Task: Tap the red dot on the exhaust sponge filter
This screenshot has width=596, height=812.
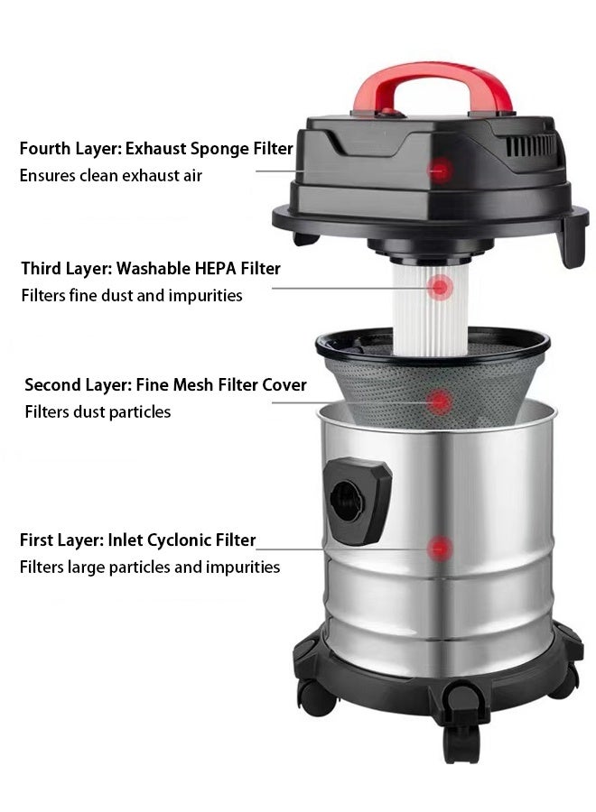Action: coord(440,168)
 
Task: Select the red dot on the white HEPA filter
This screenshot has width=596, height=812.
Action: coord(440,288)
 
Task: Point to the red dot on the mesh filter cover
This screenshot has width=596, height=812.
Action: coord(440,401)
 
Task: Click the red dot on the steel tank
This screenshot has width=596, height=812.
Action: coord(440,547)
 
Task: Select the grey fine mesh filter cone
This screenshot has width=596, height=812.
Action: coord(397,388)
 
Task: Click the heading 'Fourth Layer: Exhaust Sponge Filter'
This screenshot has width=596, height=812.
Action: coord(156,148)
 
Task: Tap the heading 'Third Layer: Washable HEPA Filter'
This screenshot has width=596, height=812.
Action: coord(151,268)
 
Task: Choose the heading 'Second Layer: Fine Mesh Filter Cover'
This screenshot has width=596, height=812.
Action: coord(165,385)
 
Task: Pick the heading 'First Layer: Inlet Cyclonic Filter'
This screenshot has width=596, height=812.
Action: coord(138,540)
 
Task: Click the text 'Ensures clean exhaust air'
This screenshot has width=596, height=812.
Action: coord(111,175)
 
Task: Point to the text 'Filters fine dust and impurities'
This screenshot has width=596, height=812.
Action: coord(132,295)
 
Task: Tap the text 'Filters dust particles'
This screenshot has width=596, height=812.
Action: coord(98,412)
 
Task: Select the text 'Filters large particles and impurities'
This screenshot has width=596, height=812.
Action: coord(150,567)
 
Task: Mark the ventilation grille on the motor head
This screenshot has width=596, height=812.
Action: coord(533,144)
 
